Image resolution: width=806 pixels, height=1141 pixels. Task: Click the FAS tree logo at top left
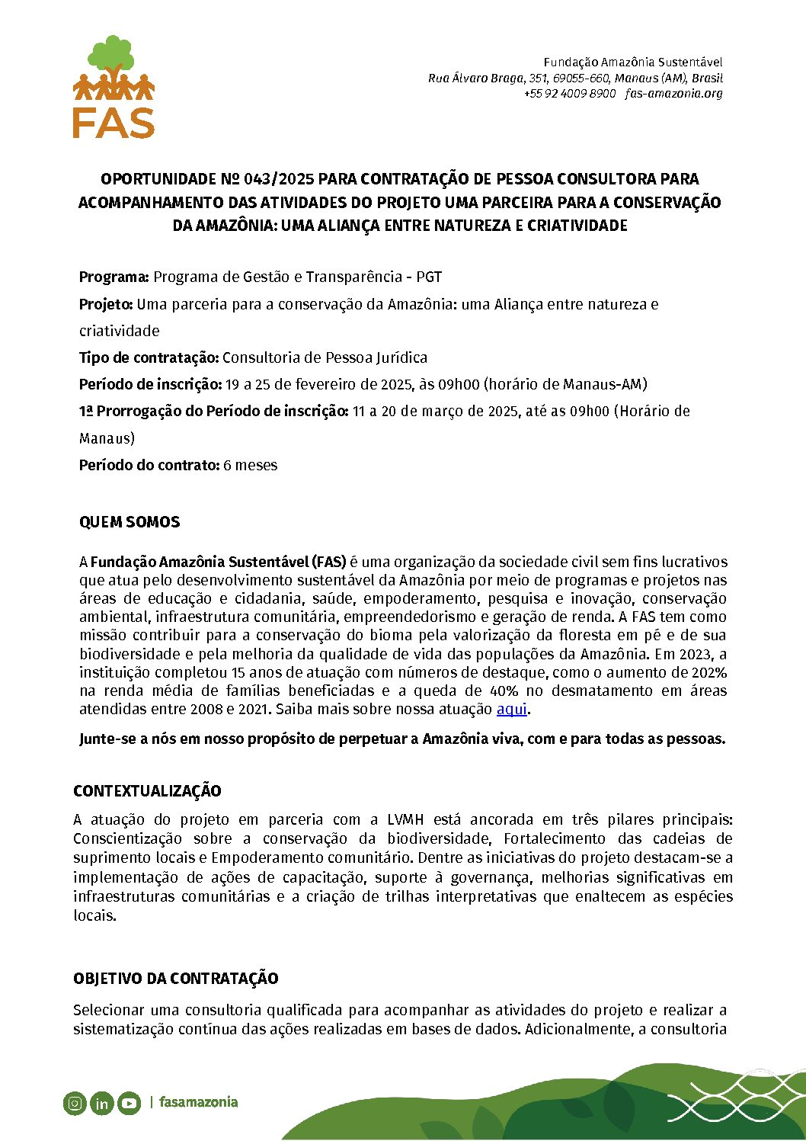click(x=114, y=86)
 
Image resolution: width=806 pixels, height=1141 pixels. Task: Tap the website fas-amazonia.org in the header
click(x=673, y=94)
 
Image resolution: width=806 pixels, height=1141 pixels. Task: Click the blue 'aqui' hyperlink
click(x=511, y=710)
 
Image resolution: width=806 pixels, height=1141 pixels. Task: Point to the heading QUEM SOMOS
click(x=130, y=523)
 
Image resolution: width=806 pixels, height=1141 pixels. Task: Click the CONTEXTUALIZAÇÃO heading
click(x=147, y=791)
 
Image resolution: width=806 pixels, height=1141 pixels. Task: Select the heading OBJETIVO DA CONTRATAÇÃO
click(x=175, y=979)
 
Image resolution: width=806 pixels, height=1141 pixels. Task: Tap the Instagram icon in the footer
click(x=75, y=1103)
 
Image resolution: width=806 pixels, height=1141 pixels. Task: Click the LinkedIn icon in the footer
click(x=101, y=1103)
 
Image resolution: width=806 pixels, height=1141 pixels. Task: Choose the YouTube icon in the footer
click(x=129, y=1103)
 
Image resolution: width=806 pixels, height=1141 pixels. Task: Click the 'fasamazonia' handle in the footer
click(x=198, y=1102)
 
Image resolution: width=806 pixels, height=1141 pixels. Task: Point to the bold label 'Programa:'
click(x=114, y=277)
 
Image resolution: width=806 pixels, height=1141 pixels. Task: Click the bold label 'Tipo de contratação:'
click(x=149, y=358)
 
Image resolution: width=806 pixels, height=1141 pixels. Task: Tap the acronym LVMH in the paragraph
click(x=406, y=820)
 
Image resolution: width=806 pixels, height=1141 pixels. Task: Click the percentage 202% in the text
click(x=708, y=673)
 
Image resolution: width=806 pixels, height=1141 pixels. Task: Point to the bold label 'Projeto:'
click(x=106, y=305)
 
